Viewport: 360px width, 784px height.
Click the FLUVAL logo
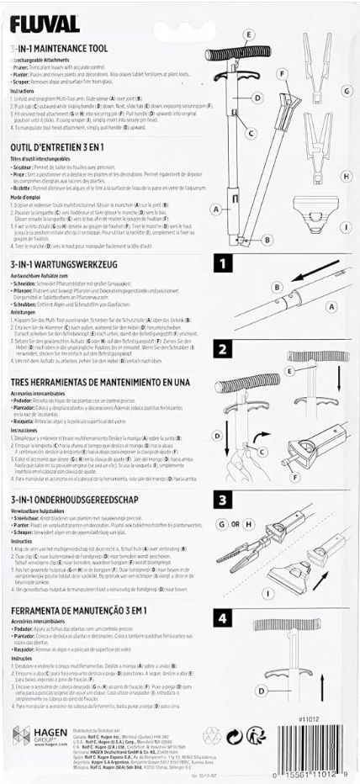pyautogui.click(x=46, y=24)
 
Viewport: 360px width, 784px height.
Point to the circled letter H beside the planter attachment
pyautogui.click(x=346, y=177)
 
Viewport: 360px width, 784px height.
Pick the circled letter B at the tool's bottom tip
pyautogui.click(x=267, y=240)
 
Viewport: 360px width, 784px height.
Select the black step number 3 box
pyautogui.click(x=223, y=500)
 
